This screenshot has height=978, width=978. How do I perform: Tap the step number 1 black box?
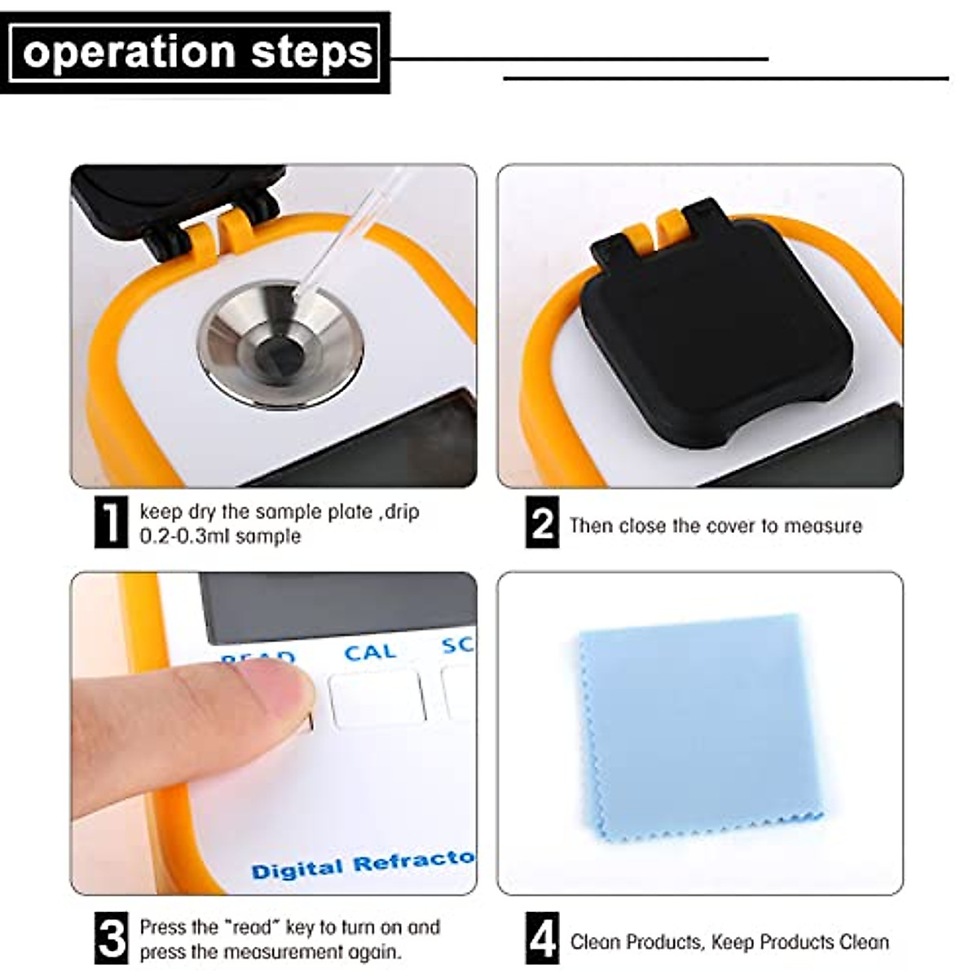(112, 522)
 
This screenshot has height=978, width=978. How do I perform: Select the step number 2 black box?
(542, 522)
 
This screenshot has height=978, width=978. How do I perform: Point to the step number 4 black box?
(542, 939)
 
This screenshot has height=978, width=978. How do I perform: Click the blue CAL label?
(370, 653)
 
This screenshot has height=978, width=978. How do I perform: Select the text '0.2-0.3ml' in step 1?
(186, 536)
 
